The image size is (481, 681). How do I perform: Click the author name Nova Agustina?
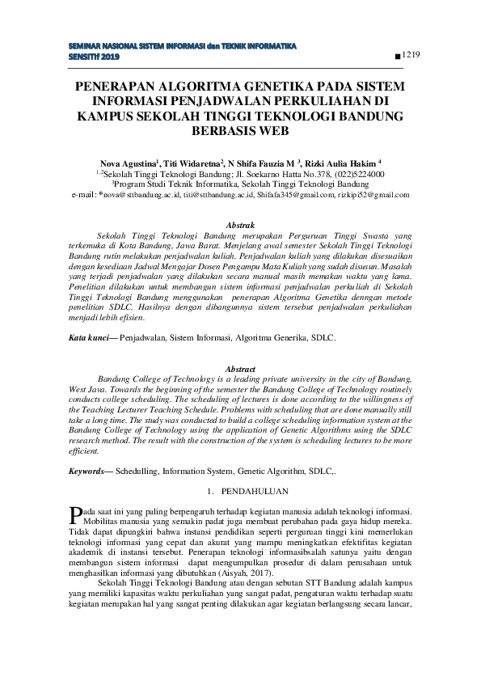[129, 161]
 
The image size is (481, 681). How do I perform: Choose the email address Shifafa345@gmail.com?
[293, 195]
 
